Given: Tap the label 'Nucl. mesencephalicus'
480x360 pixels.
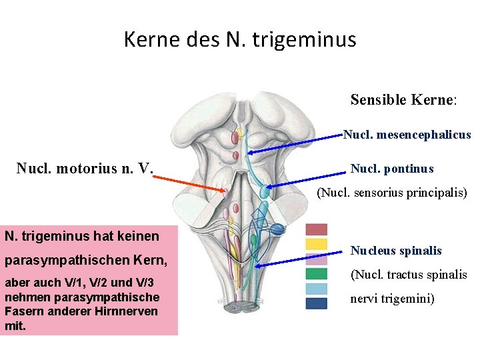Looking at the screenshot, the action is point(407,135).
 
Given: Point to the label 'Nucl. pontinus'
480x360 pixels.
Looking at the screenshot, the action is point(392,169).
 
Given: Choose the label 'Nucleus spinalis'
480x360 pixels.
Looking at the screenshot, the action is point(396,251).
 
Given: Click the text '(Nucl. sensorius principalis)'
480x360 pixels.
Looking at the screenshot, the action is point(392,193).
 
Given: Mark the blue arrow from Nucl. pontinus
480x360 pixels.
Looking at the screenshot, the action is point(307,177).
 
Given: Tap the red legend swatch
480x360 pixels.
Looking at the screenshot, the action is point(316,229).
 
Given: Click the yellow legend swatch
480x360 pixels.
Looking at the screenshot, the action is point(316,244).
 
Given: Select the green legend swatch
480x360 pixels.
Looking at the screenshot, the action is point(316,273).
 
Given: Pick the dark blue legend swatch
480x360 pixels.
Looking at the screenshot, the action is point(316,303).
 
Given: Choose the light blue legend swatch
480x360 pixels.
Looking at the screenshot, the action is point(316,289).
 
